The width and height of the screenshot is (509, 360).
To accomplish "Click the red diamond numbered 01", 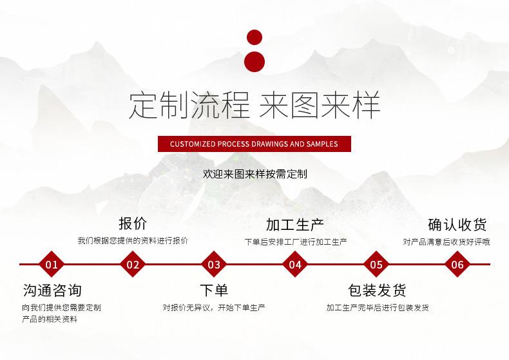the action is pos(52,264).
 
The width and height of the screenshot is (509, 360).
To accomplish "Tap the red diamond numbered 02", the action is pos(133,264).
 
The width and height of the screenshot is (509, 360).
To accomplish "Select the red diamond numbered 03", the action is pos(214,264).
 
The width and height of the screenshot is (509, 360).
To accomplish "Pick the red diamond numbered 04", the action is pos(294,264).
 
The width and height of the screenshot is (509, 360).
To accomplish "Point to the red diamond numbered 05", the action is pos(376,264).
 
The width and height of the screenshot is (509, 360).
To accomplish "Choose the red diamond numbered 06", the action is pos(457,264).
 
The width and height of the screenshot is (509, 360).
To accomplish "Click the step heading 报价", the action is pos(133,223).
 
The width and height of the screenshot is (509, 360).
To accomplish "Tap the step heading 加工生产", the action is pos(294,224).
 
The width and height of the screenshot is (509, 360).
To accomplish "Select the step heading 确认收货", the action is pos(457,224).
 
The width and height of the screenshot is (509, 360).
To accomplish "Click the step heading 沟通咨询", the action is pos(52,290).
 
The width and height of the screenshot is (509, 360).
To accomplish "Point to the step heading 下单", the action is pos(214,290).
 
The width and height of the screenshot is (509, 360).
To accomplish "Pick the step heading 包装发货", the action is pos(377,290).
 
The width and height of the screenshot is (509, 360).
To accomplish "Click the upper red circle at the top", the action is pos(254,37).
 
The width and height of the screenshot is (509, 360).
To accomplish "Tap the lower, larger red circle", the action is pos(254,62).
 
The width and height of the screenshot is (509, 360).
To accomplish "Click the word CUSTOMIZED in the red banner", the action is pos(193,144).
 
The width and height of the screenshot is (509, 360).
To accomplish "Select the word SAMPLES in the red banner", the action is pos(322,144).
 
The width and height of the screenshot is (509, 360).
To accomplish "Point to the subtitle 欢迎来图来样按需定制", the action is pos(255,174).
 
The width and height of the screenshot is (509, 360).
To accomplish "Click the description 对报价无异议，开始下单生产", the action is pos(214,307).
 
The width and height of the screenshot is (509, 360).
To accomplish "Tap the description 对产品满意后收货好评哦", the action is pos(447,242).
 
